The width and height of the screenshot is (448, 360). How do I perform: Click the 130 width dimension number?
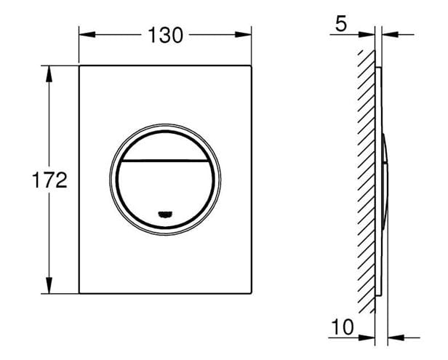click(165, 36)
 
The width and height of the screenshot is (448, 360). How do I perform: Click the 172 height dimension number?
click(49, 180)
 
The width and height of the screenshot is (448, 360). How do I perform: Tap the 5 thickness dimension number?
click(341, 23)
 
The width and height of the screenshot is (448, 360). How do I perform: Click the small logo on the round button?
click(165, 214)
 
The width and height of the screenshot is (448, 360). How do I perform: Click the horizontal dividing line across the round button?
click(165, 160)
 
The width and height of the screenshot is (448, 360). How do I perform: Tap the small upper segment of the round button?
click(165, 145)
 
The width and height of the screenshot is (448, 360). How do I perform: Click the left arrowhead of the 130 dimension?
click(87, 35)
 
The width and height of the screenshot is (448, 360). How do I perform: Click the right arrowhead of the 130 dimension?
click(244, 35)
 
